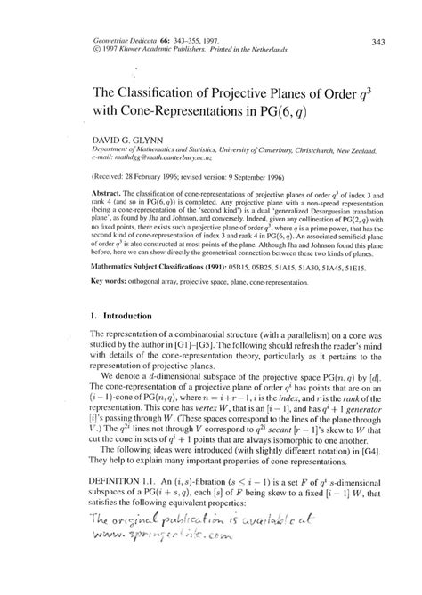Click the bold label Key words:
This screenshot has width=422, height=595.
click(112, 281)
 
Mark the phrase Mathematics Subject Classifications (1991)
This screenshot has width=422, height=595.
click(166, 265)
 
